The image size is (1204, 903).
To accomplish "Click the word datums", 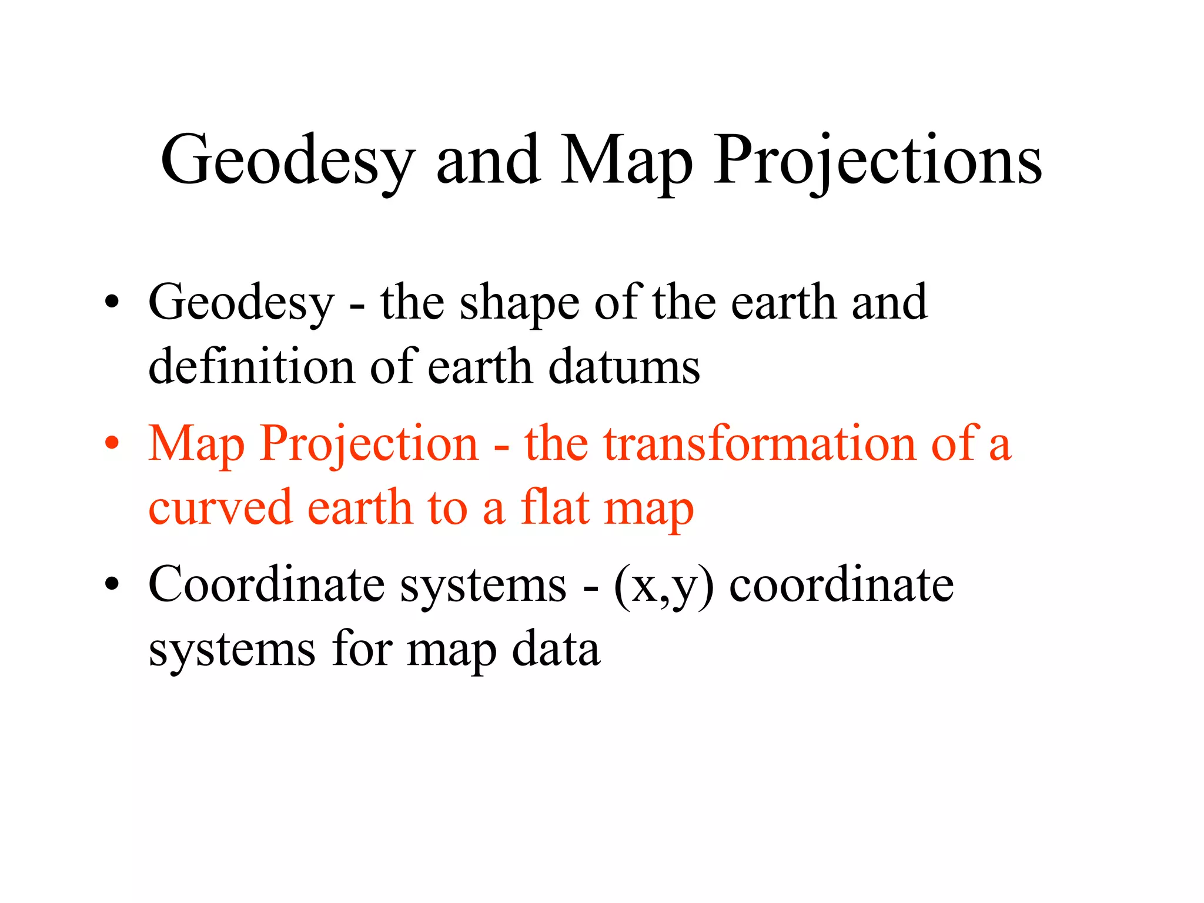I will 624,366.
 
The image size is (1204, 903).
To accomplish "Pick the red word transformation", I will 759,443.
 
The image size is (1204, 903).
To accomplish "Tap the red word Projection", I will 369,444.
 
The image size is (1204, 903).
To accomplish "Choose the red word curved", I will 220,507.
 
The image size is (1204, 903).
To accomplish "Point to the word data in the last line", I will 556,649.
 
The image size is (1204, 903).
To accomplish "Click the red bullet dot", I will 112,444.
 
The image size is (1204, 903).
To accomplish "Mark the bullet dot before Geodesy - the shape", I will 112,303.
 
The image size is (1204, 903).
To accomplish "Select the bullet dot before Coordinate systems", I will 112,585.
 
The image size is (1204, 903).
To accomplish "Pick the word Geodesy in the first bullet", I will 241,304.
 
